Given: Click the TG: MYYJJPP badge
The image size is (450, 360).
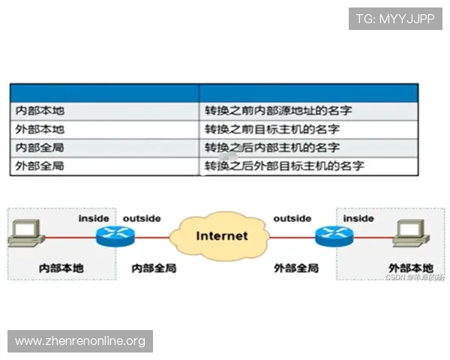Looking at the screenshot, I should (x=395, y=19).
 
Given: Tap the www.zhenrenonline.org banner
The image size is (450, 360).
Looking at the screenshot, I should (x=80, y=341).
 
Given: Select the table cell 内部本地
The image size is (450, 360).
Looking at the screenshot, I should (x=40, y=111).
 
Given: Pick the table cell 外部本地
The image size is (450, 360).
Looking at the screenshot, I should (x=40, y=129).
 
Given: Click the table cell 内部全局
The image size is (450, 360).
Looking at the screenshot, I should (x=40, y=148).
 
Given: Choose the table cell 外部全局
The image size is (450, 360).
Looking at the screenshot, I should (x=40, y=166).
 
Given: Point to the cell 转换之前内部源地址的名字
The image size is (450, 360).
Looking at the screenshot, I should (x=278, y=111).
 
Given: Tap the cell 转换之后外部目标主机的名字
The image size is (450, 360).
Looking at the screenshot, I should (x=284, y=166).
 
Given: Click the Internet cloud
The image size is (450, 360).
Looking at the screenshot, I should (x=221, y=235).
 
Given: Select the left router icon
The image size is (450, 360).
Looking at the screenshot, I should (x=114, y=238).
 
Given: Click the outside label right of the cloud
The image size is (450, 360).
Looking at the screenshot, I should (x=292, y=218).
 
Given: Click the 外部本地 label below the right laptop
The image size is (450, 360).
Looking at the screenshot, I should (x=410, y=268).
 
